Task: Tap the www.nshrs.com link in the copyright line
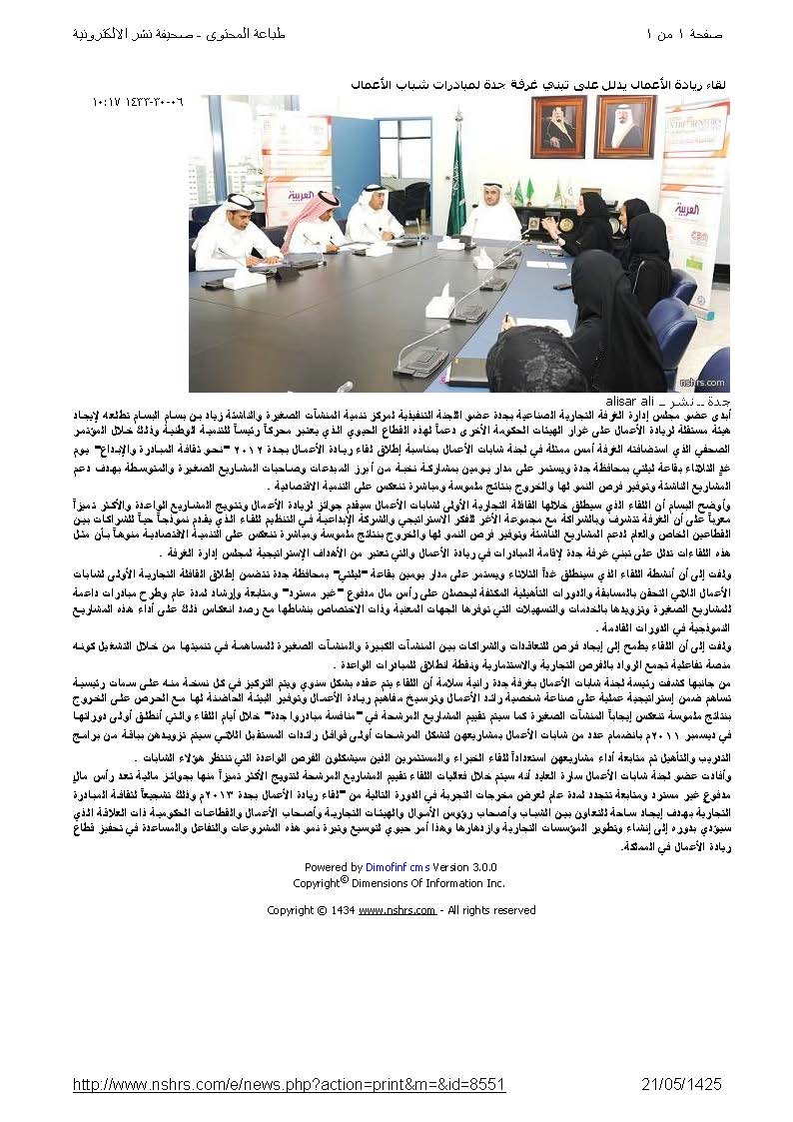[396, 910]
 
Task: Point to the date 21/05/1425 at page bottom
[680, 1084]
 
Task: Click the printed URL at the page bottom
[290, 1084]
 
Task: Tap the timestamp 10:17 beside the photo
[106, 102]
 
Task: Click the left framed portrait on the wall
[558, 127]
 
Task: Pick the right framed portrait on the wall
[625, 127]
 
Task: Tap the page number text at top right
[685, 35]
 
